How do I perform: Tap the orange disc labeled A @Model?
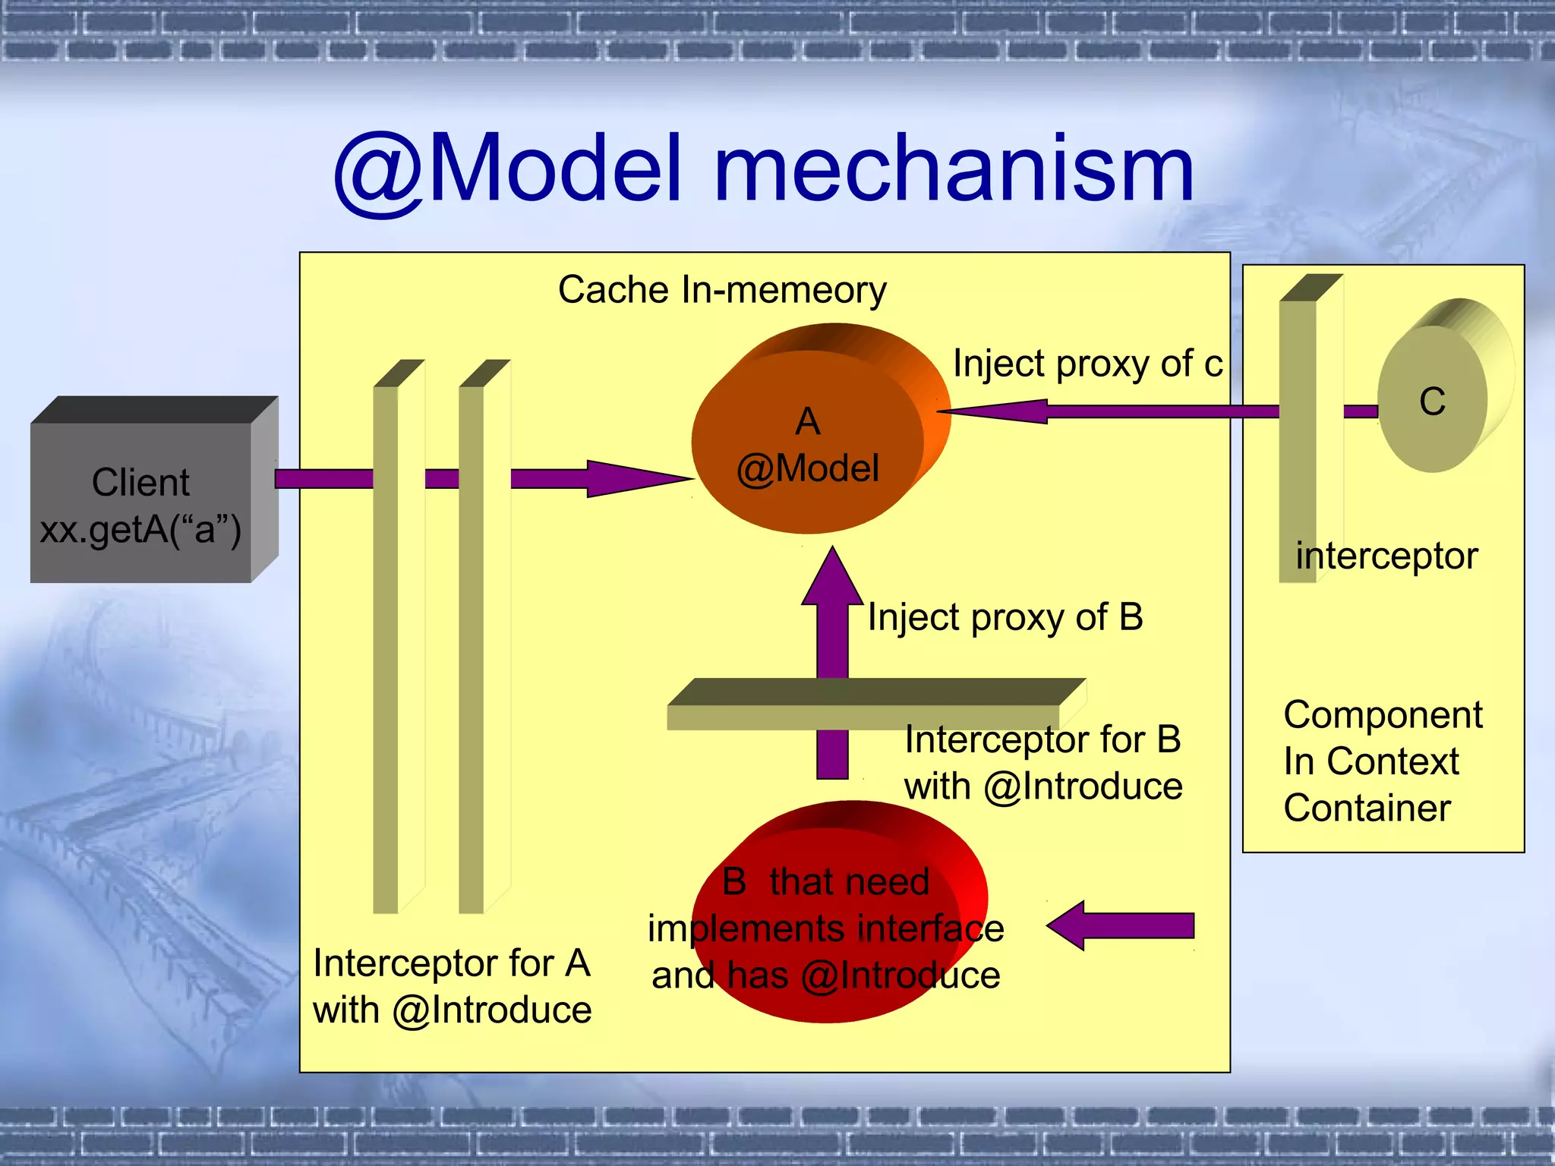(x=807, y=444)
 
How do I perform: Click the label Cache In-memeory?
(x=722, y=290)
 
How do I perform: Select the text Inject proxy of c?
(x=1087, y=364)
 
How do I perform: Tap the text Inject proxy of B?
(x=1005, y=617)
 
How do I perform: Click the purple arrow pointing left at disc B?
(x=1120, y=925)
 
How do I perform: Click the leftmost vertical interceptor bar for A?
(x=386, y=645)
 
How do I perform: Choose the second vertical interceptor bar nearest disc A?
(x=472, y=645)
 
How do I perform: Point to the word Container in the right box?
(x=1367, y=808)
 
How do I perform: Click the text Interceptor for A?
(x=451, y=963)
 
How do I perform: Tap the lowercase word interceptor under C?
(x=1386, y=556)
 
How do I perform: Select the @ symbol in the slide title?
(x=377, y=173)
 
